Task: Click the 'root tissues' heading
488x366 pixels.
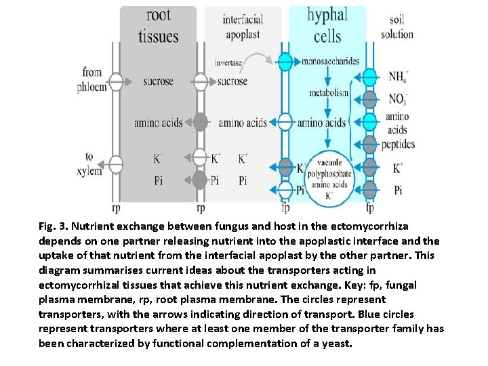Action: click(159, 26)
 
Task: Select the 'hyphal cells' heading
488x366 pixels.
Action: click(327, 25)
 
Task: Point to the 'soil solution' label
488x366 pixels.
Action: click(396, 28)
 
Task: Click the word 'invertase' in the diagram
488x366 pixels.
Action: click(228, 62)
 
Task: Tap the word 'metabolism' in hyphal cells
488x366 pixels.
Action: click(329, 93)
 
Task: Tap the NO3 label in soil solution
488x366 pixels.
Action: click(398, 100)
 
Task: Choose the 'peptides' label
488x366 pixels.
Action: click(398, 144)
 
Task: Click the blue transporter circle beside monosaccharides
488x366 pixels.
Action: click(285, 62)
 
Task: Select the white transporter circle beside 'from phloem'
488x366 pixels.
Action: click(116, 81)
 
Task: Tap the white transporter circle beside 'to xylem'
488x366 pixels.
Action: click(116, 164)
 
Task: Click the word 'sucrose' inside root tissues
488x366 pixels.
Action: click(158, 82)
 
